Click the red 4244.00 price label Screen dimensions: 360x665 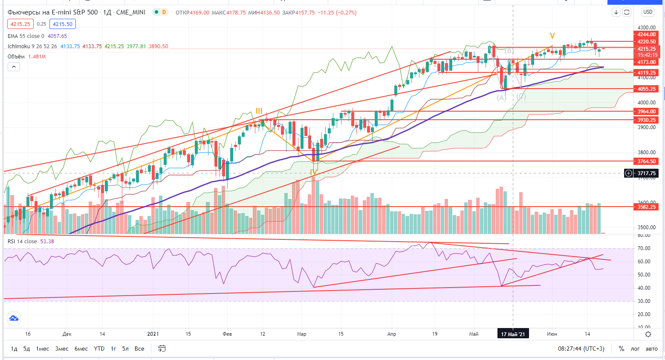pyautogui.click(x=646, y=35)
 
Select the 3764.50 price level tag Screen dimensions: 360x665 pyautogui.click(x=646, y=161)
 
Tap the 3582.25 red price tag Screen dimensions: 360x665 pyautogui.click(x=646, y=207)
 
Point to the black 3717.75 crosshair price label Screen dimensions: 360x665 pyautogui.click(x=646, y=173)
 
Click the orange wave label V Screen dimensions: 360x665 pyautogui.click(x=552, y=36)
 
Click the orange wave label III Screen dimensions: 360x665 pyautogui.click(x=259, y=112)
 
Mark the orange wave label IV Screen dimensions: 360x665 pyautogui.click(x=314, y=173)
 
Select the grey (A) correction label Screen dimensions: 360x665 pyautogui.click(x=501, y=98)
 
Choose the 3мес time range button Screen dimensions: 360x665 pyautogui.click(x=62, y=348)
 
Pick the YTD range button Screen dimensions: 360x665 pyautogui.click(x=99, y=348)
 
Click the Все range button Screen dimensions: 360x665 pyautogui.click(x=139, y=348)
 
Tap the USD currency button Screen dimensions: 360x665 pyautogui.click(x=648, y=12)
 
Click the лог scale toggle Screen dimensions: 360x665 pyautogui.click(x=635, y=348)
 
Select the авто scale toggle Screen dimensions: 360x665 pyautogui.click(x=651, y=348)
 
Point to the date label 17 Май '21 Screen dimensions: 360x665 pyautogui.click(x=513, y=334)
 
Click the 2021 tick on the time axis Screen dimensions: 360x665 pyautogui.click(x=153, y=334)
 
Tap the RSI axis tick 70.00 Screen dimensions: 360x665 pyautogui.click(x=644, y=248)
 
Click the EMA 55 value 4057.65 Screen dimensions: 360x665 pyautogui.click(x=57, y=36)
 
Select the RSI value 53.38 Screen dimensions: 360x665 pyautogui.click(x=47, y=242)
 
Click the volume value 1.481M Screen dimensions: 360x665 pyautogui.click(x=37, y=57)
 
